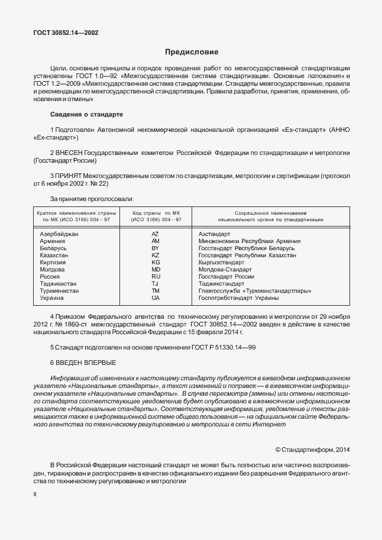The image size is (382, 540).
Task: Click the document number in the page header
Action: (66, 33)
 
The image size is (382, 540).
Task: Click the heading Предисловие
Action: (191, 52)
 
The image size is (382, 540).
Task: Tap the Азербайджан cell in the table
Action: (59, 234)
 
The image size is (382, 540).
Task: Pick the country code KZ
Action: (156, 255)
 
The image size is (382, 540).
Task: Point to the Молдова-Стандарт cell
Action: (225, 269)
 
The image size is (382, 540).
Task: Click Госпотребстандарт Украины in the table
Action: (238, 298)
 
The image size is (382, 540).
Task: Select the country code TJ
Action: (156, 283)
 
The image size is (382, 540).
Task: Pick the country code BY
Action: (156, 248)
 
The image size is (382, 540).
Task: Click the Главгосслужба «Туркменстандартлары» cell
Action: (255, 290)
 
